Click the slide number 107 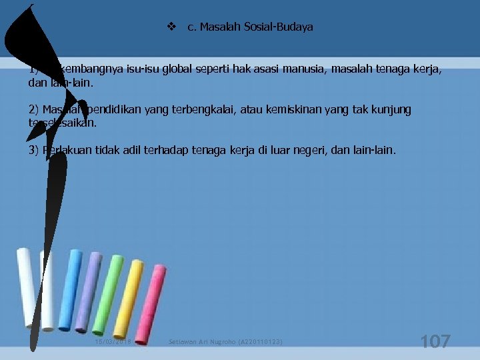(435, 341)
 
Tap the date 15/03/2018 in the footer (113, 342)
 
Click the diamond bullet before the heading (171, 27)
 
